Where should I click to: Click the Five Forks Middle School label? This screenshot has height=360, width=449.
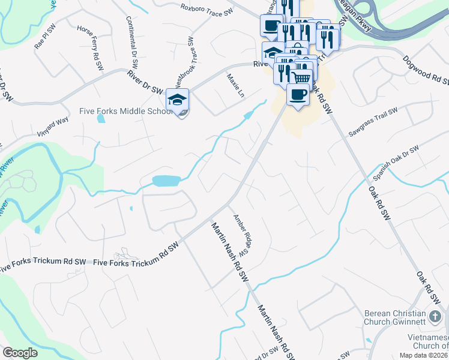127,111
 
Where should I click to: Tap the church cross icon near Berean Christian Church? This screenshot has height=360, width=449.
436,316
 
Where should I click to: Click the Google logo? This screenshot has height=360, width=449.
20,353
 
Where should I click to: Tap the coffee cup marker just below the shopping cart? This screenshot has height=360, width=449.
298,94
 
